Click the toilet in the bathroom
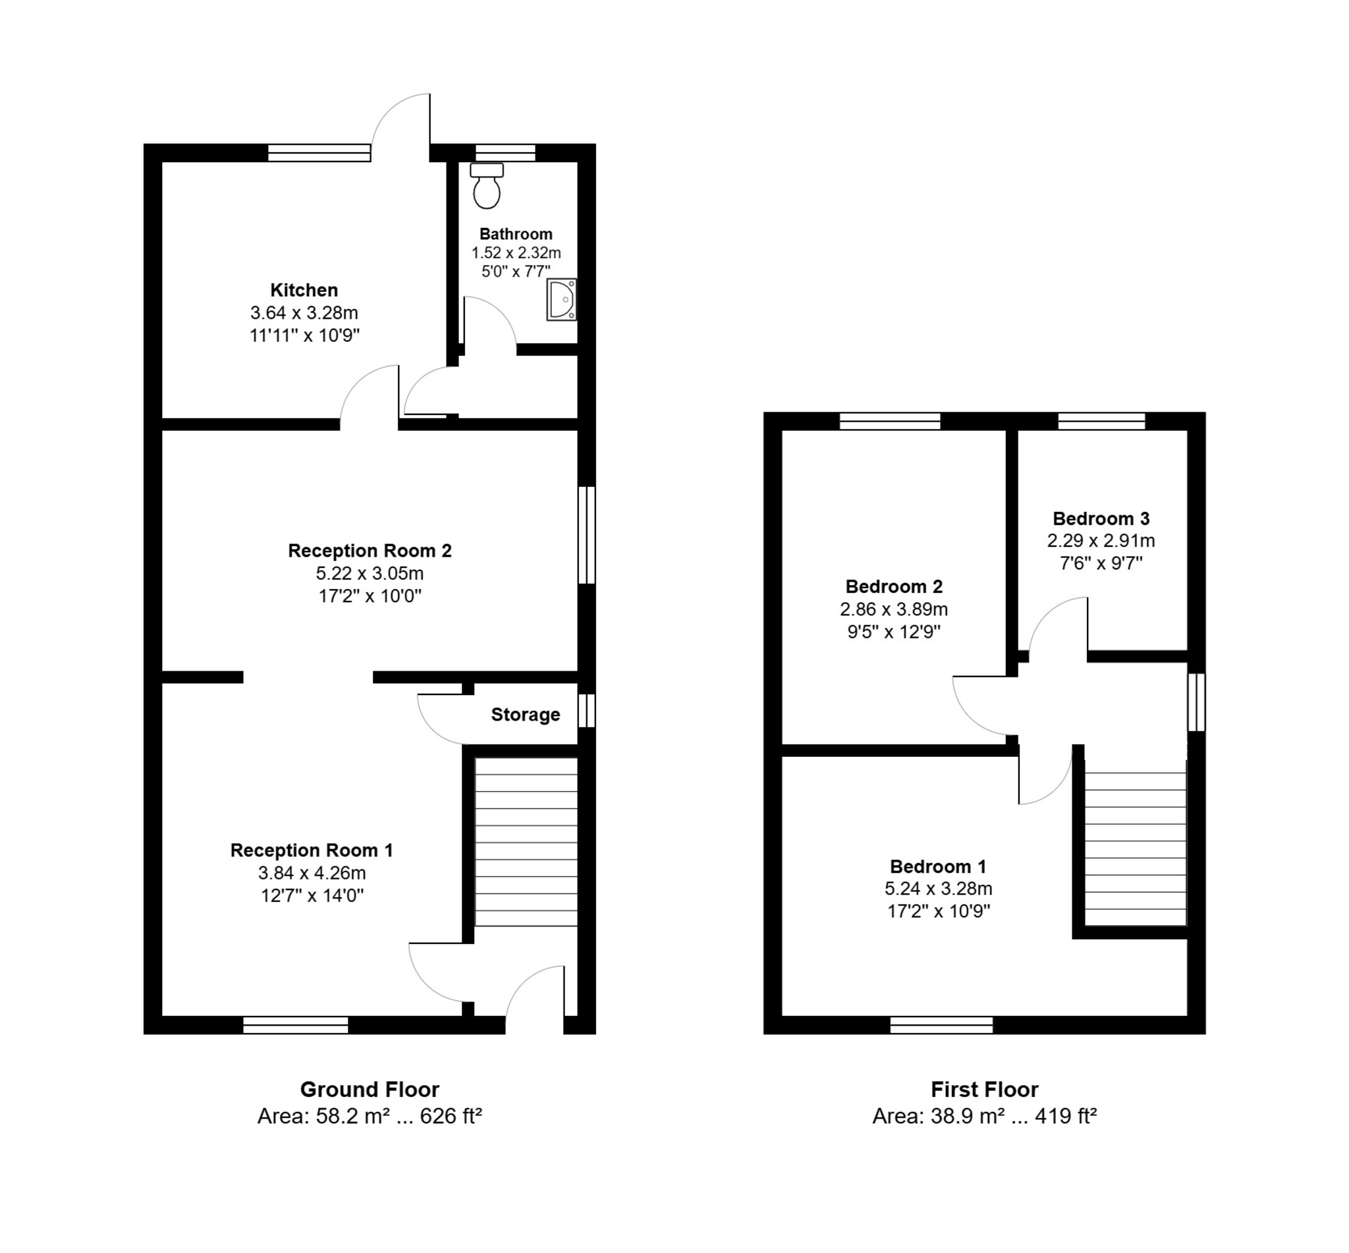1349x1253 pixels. [487, 185]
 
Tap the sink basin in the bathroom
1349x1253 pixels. [561, 300]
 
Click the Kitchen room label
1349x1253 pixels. [304, 291]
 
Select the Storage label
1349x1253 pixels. [526, 715]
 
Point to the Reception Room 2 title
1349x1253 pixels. [370, 551]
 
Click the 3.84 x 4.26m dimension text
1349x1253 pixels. [312, 873]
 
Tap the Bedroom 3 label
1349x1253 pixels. [1101, 518]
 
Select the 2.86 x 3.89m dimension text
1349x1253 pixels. [893, 609]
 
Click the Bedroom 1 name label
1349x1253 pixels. [937, 866]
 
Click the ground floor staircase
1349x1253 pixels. [526, 841]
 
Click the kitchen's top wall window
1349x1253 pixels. [319, 153]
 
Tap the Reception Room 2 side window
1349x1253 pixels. [586, 535]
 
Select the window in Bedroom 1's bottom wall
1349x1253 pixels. [941, 1025]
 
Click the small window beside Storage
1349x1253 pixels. [586, 710]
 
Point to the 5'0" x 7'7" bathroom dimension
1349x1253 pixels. [516, 272]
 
